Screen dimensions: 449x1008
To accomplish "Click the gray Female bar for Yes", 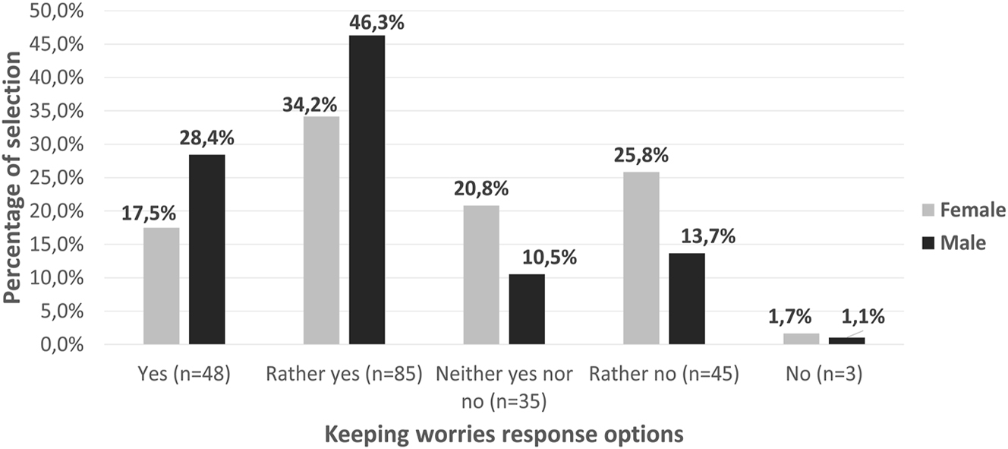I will (x=161, y=286).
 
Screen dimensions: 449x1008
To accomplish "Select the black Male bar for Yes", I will (x=206, y=249).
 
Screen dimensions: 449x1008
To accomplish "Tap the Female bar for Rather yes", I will (x=321, y=230).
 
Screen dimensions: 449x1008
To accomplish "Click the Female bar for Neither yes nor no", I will (x=481, y=275).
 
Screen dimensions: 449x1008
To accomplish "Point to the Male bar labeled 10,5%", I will (x=527, y=309).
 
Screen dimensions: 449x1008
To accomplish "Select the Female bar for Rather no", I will (x=641, y=258).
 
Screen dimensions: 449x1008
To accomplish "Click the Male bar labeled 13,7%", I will (x=687, y=299).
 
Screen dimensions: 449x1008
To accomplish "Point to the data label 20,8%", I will (x=481, y=189).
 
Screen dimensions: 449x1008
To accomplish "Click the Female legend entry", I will (x=962, y=210).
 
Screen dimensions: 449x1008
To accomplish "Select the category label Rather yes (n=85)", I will (x=344, y=375).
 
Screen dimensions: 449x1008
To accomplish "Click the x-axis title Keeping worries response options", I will (x=504, y=434).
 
